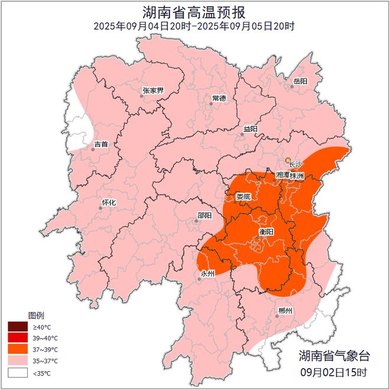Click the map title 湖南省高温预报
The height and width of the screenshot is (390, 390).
(194, 12)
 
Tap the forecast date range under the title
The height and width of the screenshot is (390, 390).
(194, 26)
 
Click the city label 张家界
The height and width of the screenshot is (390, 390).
(153, 91)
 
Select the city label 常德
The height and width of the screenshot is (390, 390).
(219, 98)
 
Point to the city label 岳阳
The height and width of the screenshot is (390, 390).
(300, 81)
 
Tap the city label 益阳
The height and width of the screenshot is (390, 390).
(251, 129)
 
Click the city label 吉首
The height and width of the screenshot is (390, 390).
(101, 144)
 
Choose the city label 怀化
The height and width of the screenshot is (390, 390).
(109, 202)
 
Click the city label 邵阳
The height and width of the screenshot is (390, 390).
(204, 216)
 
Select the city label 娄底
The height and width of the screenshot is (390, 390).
(243, 196)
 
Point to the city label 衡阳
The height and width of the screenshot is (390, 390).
(267, 231)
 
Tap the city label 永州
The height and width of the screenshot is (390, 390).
(209, 274)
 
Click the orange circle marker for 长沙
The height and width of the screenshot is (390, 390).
(288, 160)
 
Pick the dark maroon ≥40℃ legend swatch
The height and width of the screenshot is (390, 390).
(18, 327)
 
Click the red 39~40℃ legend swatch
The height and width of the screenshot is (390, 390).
(18, 338)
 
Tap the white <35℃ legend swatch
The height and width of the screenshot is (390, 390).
(18, 373)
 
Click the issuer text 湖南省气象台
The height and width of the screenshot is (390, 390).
(334, 356)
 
